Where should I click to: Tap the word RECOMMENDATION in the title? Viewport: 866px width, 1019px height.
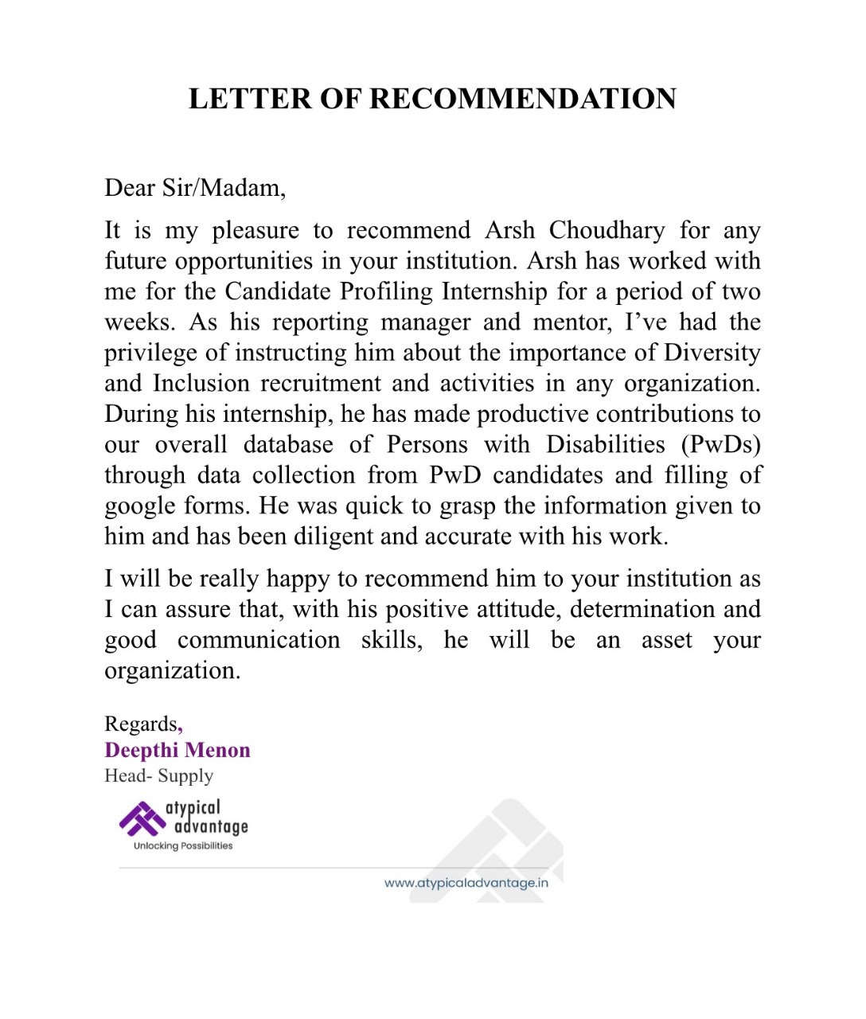[x=523, y=99]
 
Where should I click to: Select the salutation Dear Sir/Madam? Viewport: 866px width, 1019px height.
[x=195, y=188]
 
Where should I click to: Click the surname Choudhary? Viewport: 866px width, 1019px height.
[x=607, y=230]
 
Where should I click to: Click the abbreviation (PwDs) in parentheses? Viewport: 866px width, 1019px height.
[x=720, y=444]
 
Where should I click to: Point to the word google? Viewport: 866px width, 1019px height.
[x=140, y=506]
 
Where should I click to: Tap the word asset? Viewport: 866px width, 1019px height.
[x=667, y=640]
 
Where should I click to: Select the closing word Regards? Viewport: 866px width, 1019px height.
[x=142, y=724]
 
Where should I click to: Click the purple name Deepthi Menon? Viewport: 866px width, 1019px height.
[x=177, y=750]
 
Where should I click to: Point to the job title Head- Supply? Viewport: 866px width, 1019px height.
[x=159, y=775]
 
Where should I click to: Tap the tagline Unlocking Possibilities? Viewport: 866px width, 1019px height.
[x=183, y=845]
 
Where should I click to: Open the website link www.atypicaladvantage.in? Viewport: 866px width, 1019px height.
[x=466, y=882]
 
